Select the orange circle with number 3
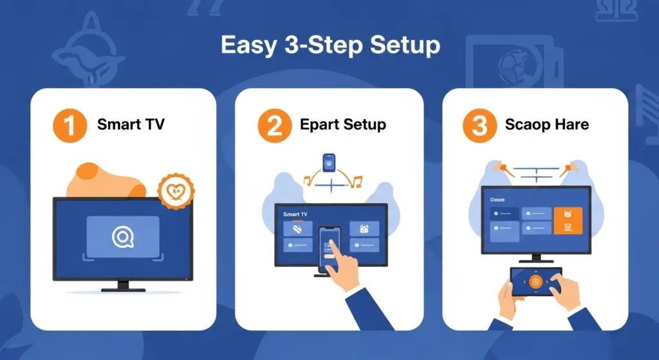479,124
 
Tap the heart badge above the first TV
176,191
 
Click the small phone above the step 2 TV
329,163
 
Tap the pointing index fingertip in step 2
333,244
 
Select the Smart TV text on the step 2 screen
295,213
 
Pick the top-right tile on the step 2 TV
364,229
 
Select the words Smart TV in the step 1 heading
131,124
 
